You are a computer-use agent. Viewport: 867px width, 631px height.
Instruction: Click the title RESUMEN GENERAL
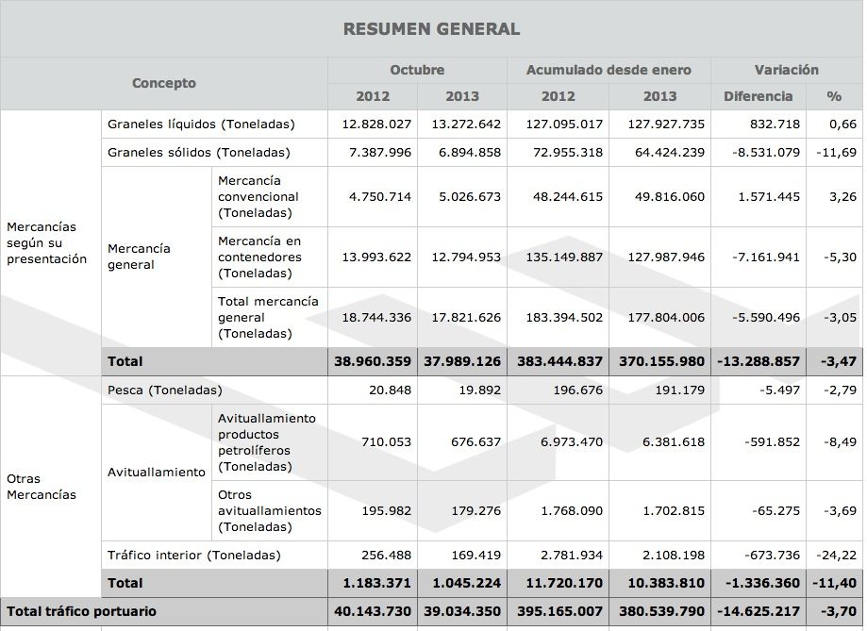click(x=431, y=29)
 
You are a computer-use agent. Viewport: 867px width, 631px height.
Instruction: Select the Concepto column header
click(x=164, y=83)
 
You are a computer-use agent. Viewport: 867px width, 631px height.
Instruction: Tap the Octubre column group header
click(x=417, y=70)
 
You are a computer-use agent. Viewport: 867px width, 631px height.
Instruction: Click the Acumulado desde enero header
click(x=609, y=70)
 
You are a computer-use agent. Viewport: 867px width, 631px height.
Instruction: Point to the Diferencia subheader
click(x=758, y=96)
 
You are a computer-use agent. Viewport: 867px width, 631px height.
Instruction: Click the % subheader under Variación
click(x=834, y=96)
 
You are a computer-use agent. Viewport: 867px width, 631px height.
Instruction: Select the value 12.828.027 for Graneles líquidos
click(x=376, y=125)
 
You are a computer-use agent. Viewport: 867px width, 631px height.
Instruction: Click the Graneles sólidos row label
click(x=199, y=152)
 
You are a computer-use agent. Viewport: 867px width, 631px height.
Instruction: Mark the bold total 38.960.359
click(x=373, y=361)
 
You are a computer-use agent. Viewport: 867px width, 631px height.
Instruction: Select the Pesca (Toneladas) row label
click(x=165, y=390)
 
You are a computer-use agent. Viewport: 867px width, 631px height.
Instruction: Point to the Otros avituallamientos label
click(x=270, y=510)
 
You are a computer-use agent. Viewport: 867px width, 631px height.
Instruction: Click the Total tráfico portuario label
click(x=81, y=611)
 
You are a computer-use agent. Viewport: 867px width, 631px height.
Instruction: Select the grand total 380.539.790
click(x=660, y=611)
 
